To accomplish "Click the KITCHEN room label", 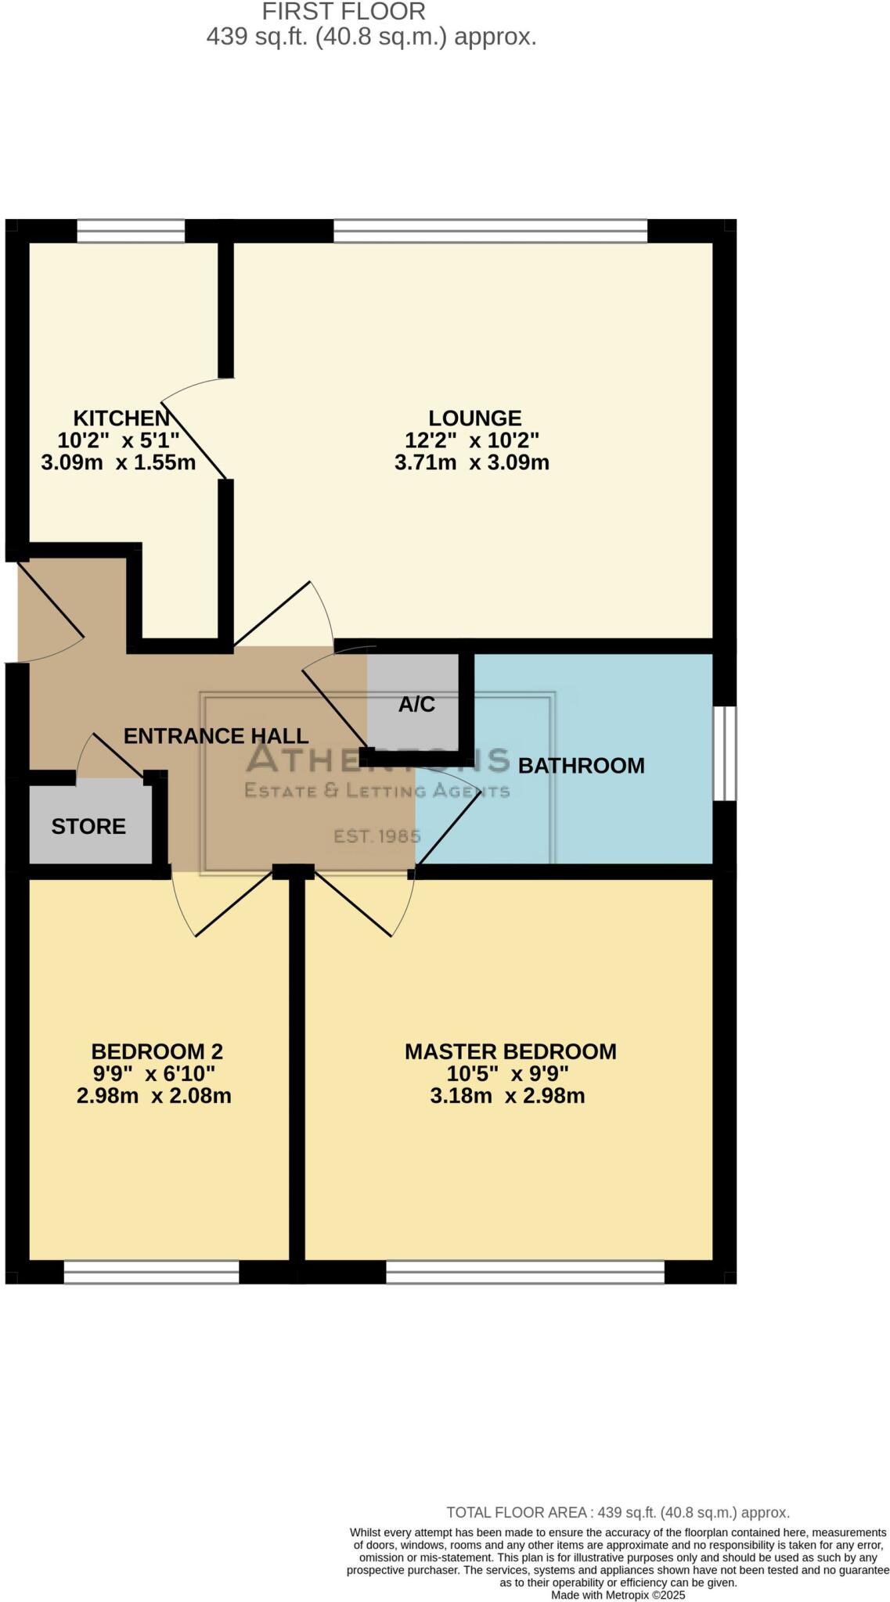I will click(121, 418).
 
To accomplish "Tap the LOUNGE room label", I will click(474, 418).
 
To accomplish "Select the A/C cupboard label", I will click(416, 705).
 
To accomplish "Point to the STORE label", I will click(88, 827).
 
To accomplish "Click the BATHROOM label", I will click(581, 766).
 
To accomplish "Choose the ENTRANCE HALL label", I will click(216, 736).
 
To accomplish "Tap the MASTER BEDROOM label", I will click(510, 1051).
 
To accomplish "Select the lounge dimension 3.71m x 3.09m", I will click(472, 462).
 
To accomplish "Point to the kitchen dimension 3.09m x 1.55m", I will click(118, 462).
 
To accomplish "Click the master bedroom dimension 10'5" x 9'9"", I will click(508, 1073).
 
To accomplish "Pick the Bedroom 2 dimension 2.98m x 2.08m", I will click(154, 1096).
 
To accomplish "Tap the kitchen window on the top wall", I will click(131, 232).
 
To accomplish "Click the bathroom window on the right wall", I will click(725, 753).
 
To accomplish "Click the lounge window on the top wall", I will click(491, 232).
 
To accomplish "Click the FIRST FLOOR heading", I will click(344, 12).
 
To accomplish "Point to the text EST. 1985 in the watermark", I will click(377, 836).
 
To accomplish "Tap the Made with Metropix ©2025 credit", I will click(618, 1595).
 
